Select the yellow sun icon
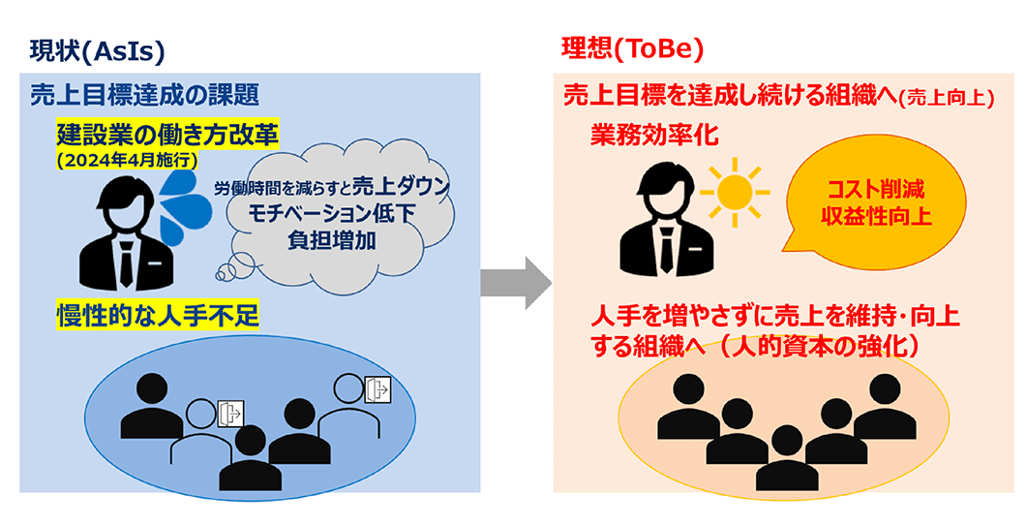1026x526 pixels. click(735, 192)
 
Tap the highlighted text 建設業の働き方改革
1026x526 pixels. click(167, 135)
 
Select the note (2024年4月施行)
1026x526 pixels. click(126, 159)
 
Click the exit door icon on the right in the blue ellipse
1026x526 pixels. click(377, 390)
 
